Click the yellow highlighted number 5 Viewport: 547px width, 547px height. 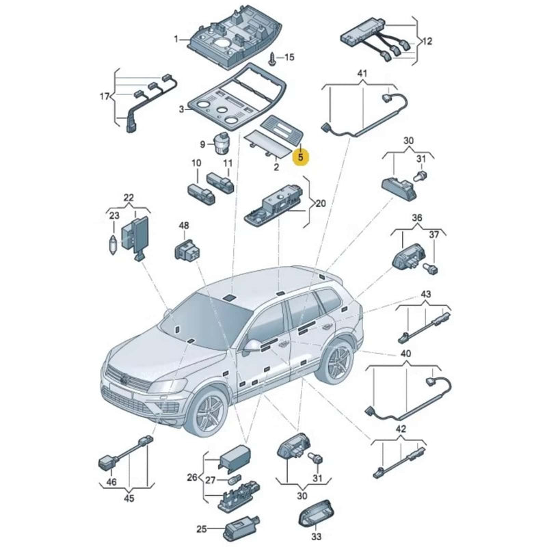point(301,157)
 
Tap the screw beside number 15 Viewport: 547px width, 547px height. point(273,59)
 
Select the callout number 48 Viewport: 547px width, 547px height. point(184,226)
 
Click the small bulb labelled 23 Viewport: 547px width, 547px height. point(113,245)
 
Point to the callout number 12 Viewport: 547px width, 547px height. point(427,41)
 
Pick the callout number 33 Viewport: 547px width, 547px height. point(316,535)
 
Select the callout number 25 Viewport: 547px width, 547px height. point(201,529)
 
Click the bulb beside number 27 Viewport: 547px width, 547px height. point(232,481)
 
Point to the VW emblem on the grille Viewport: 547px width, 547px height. point(124,379)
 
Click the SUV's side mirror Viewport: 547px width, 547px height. point(252,347)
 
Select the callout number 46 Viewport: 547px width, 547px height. point(111,483)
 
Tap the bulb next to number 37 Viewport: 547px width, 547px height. point(431,269)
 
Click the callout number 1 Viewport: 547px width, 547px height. point(176,39)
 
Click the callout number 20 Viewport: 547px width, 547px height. point(320,203)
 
